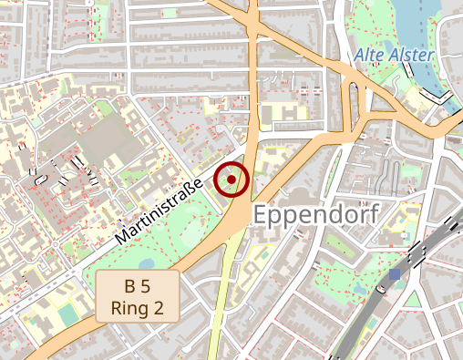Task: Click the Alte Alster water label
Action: [x=393, y=56]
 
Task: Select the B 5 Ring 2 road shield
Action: [x=137, y=296]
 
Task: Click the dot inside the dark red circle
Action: [x=231, y=180]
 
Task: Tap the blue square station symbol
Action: [x=395, y=273]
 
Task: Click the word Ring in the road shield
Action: [x=129, y=308]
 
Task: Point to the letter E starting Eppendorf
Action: [x=261, y=217]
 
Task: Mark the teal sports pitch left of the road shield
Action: [x=68, y=314]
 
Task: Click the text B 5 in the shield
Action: [x=137, y=286]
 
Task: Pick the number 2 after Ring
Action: [x=159, y=308]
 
